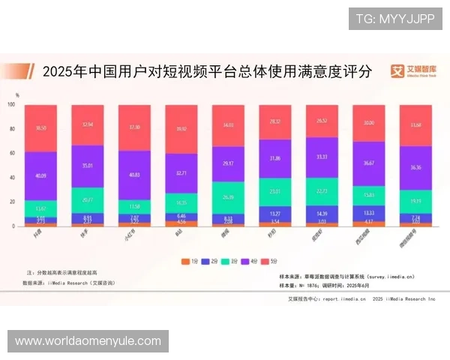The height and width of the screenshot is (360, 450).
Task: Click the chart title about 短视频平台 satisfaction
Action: tap(206, 73)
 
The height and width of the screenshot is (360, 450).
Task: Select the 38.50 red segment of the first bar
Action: tap(40, 128)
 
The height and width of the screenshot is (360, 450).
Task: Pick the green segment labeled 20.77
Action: tap(88, 199)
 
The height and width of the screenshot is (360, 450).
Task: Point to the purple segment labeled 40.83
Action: tap(134, 175)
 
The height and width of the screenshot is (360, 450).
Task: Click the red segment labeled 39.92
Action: tap(181, 129)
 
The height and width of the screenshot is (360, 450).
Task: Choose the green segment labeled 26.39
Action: tap(228, 197)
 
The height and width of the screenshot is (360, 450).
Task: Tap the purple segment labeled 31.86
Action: tap(275, 158)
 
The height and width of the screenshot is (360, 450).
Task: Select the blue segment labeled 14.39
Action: tap(322, 214)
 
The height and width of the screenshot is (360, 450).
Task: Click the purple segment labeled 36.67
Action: tap(369, 163)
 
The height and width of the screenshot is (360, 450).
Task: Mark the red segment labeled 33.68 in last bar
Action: tap(415, 125)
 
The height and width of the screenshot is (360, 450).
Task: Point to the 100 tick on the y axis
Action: tap(11, 105)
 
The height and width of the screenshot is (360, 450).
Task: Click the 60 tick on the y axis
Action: tap(11, 153)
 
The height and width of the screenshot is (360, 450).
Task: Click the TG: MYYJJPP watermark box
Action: tap(395, 18)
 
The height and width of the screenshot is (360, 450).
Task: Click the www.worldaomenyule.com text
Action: tap(88, 341)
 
